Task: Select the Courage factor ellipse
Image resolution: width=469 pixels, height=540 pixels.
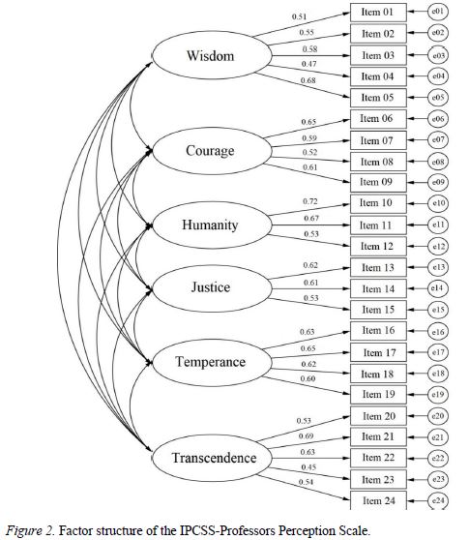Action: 210,150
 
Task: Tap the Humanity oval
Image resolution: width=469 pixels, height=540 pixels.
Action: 210,225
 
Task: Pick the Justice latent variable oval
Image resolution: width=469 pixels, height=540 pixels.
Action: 210,287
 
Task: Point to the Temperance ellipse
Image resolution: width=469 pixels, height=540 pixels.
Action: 210,362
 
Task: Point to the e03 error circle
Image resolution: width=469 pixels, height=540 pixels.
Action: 438,55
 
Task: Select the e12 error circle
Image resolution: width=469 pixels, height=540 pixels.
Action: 438,246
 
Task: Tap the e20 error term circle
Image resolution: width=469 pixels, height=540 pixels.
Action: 438,415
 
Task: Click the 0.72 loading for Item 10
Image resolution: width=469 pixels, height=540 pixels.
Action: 310,199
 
